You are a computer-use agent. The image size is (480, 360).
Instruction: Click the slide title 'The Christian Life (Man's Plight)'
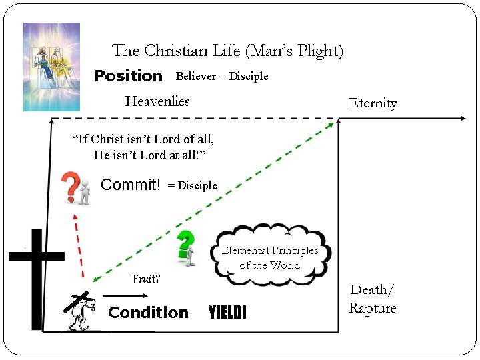tap(227, 51)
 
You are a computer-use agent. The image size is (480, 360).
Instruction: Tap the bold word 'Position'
tap(129, 76)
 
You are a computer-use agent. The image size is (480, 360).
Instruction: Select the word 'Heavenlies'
tap(157, 101)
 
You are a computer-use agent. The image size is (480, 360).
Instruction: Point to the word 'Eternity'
tap(373, 103)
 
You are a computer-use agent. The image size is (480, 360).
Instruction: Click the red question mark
tap(70, 187)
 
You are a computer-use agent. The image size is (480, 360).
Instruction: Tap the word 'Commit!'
tap(131, 185)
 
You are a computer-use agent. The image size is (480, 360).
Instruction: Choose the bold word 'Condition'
tap(148, 313)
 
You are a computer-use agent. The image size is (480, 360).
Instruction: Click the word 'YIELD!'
tap(227, 313)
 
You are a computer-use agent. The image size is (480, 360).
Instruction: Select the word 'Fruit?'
tap(146, 279)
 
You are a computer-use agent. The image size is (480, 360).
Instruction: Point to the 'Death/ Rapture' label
tap(373, 299)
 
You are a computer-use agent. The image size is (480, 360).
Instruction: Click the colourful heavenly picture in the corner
tap(51, 67)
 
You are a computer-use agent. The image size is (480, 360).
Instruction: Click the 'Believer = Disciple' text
tap(221, 76)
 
